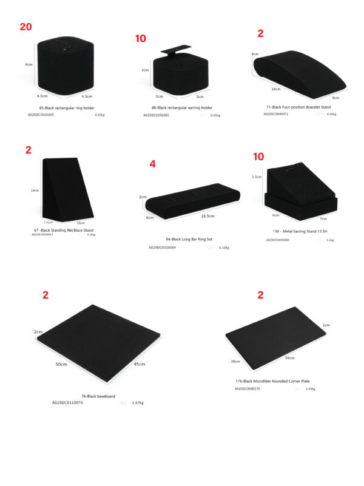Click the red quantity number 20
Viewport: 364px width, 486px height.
click(x=25, y=27)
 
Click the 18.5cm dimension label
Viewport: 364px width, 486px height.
click(x=207, y=216)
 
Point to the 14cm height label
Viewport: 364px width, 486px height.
click(x=35, y=191)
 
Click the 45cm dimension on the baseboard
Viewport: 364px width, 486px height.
click(x=139, y=363)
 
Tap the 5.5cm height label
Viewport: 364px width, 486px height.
click(x=257, y=177)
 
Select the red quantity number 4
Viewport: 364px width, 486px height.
click(x=153, y=164)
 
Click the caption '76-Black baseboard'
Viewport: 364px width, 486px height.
click(x=98, y=396)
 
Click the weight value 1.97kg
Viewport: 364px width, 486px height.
click(x=137, y=402)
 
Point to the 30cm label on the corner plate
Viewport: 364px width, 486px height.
click(x=235, y=362)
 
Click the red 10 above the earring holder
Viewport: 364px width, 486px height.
click(x=141, y=38)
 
